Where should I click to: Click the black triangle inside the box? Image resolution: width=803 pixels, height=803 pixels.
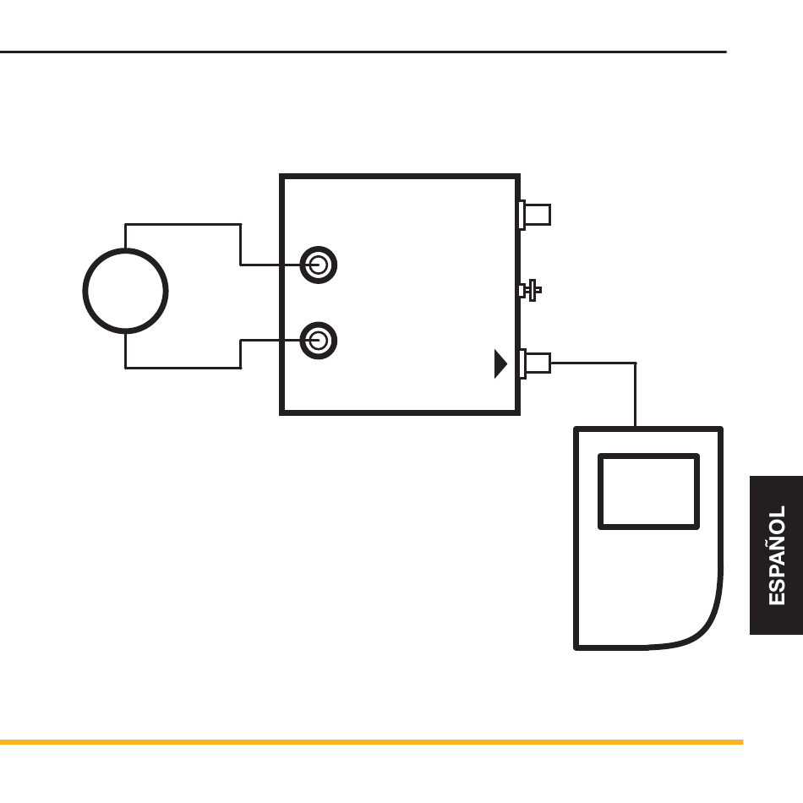[500, 364]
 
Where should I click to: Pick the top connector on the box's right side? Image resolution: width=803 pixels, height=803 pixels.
[535, 215]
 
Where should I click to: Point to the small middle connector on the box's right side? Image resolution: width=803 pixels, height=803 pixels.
[530, 291]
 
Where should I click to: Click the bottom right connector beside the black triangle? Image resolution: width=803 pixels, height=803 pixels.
[535, 363]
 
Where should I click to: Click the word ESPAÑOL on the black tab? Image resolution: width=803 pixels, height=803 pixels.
[777, 555]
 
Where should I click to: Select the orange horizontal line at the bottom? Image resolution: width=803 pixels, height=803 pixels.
[371, 742]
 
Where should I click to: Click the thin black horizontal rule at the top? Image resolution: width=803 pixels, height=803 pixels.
[363, 52]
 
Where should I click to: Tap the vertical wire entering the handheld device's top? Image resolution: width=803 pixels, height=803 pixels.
[636, 395]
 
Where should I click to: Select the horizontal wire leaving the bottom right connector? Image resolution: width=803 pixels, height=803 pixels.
[593, 363]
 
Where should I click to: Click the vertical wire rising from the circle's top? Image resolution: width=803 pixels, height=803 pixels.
[125, 236]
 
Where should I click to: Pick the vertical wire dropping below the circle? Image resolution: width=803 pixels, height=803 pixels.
[125, 351]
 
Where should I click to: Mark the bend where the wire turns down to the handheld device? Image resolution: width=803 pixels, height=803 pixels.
[636, 363]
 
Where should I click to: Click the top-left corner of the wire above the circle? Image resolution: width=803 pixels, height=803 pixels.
[125, 224]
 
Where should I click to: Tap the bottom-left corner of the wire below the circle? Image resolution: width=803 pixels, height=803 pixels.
[125, 368]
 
